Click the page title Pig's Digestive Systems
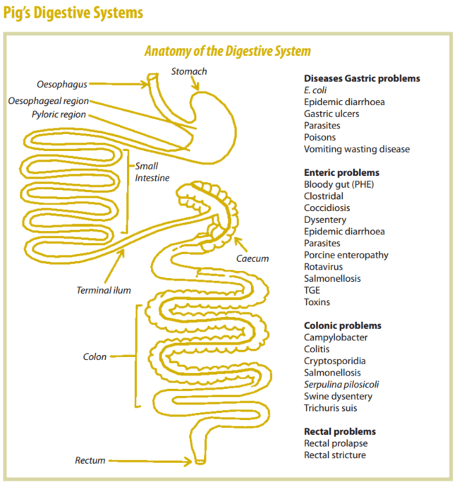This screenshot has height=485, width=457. tap(73, 13)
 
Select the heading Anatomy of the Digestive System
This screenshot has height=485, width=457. tap(227, 52)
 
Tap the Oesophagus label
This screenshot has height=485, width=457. tap(61, 85)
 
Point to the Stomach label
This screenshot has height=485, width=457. tap(189, 71)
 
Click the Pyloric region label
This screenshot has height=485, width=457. tap(59, 114)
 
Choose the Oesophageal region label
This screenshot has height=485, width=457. tap(48, 101)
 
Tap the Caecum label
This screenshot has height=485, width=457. tap(252, 258)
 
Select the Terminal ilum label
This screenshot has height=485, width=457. tap(104, 289)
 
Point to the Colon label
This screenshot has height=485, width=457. tap(95, 357)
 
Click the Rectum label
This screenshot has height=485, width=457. tap(90, 460)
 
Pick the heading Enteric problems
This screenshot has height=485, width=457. tap(341, 172)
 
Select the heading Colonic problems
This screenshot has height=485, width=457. tap(342, 325)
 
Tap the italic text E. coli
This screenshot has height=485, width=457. tap(315, 90)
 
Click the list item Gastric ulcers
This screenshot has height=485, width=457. tap(331, 114)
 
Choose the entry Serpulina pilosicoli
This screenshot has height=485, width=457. tap(341, 384)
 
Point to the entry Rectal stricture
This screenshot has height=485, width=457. tap(335, 455)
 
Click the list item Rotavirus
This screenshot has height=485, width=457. tap(324, 267)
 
